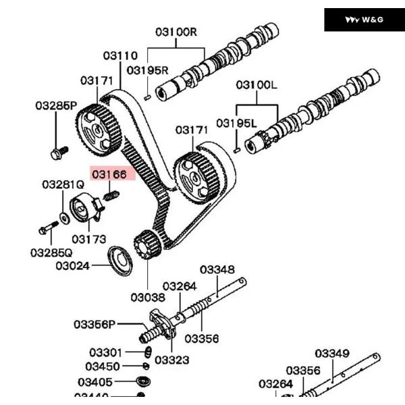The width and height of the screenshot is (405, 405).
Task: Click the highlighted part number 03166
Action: coord(109,174)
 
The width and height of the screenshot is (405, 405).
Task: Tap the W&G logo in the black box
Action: coord(364,20)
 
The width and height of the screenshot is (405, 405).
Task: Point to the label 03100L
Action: coord(256,86)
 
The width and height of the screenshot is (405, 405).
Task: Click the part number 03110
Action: coord(120,55)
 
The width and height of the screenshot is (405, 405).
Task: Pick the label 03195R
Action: coord(147,70)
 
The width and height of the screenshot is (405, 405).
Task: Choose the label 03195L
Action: coord(237,123)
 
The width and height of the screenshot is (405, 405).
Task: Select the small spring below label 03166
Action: coord(113,196)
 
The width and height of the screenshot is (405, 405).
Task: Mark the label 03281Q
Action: coord(63,184)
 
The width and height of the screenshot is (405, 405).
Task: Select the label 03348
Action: coord(217,270)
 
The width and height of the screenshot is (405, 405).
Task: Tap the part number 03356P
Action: coord(95,325)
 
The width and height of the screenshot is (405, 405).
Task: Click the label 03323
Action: coord(171,360)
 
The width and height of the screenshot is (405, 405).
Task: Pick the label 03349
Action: coord(332,353)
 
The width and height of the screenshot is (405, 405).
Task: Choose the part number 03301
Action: coord(105,352)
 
